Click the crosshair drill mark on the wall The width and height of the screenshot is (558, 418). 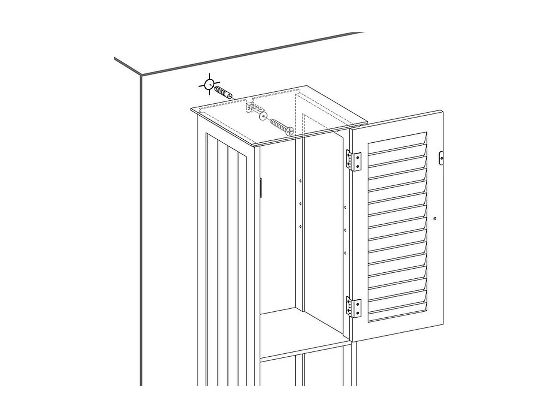[x=209, y=85]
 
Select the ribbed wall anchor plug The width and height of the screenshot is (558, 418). [x=224, y=91]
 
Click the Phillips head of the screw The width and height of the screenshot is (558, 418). [x=288, y=130]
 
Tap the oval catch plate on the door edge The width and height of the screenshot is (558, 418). [x=442, y=158]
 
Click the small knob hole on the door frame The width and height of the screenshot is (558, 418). [x=434, y=218]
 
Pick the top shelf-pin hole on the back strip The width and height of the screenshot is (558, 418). [x=301, y=181]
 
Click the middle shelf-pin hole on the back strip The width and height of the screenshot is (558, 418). [x=301, y=203]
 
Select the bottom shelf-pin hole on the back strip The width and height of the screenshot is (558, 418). [x=301, y=226]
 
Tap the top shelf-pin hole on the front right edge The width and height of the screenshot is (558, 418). [x=345, y=207]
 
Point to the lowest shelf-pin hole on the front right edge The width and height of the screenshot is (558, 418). [x=345, y=253]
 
